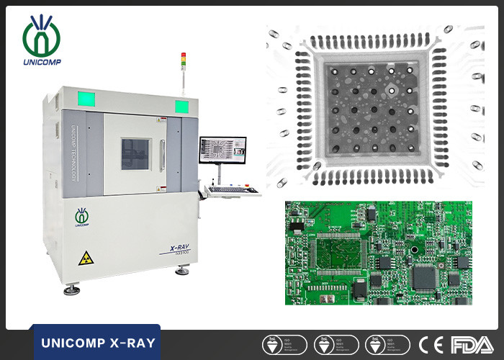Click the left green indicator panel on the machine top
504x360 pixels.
tap(84, 99)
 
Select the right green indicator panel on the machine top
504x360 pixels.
tap(181, 107)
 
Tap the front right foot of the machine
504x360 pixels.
tap(183, 271)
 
